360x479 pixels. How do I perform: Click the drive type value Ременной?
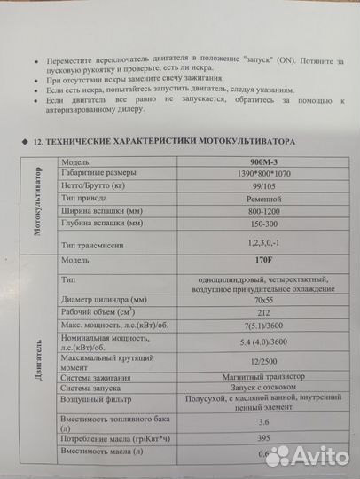tap(263, 201)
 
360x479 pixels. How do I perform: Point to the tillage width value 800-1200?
tap(263, 214)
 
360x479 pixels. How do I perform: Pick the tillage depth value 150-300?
tap(263, 226)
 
